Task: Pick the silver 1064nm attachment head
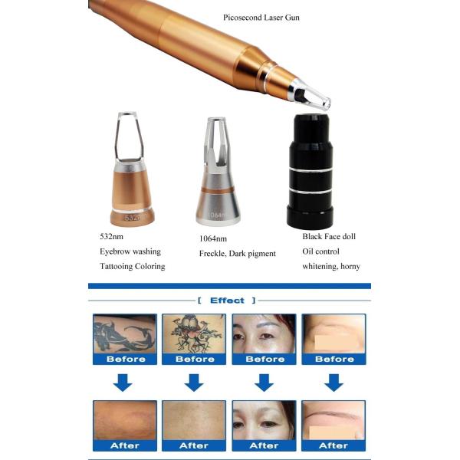(217, 184)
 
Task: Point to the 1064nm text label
(212, 238)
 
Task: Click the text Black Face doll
(329, 237)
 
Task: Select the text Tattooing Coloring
(133, 266)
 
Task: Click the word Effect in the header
(228, 301)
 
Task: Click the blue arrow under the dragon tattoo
(123, 383)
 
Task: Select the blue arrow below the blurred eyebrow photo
(333, 383)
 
